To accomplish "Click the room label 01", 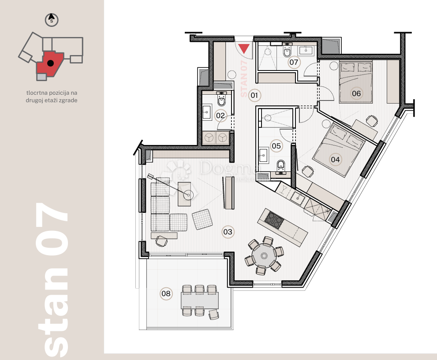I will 254,95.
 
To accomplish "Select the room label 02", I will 220,115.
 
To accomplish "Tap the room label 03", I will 228,231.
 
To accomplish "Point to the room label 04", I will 335,160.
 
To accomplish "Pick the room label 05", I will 276,145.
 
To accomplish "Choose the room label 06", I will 356,93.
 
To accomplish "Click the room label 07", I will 294,62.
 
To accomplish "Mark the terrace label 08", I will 166,293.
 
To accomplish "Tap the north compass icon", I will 52,20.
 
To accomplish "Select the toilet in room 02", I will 222,101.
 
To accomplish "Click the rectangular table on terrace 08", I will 200,301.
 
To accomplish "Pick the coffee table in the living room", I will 184,194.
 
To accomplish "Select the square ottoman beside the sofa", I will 202,219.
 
